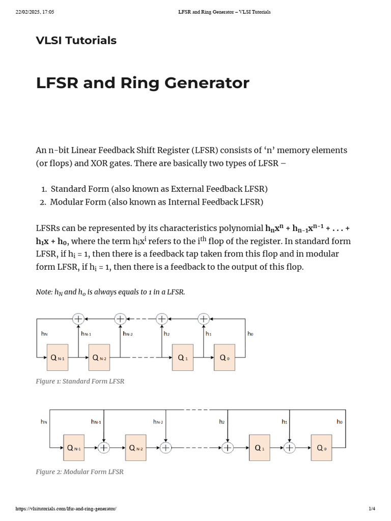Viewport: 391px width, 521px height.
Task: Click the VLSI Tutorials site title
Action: (x=76, y=41)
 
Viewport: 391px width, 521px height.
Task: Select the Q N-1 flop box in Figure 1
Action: (x=58, y=358)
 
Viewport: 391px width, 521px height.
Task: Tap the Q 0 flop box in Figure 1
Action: (x=225, y=358)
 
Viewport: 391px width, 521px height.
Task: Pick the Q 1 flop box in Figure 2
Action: (x=260, y=448)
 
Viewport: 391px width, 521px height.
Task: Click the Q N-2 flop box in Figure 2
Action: (x=136, y=448)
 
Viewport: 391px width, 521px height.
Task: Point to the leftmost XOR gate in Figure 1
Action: (x=78, y=319)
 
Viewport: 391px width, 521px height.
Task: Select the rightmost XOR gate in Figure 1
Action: (x=204, y=319)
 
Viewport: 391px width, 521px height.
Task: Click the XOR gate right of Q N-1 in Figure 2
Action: (x=104, y=448)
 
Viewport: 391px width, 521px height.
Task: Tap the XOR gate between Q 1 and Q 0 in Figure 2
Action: (x=290, y=448)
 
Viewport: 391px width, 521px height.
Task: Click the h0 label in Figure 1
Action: (x=250, y=334)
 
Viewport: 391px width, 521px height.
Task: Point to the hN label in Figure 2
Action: (x=44, y=422)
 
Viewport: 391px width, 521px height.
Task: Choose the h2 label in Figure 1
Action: (x=166, y=334)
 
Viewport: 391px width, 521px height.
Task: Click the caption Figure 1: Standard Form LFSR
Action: (x=80, y=381)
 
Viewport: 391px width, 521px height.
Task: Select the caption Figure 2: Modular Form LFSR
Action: (x=79, y=472)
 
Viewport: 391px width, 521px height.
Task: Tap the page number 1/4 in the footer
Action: (x=372, y=509)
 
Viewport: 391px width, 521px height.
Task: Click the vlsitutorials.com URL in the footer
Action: (x=66, y=509)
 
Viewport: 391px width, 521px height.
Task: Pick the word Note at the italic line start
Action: (x=44, y=292)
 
